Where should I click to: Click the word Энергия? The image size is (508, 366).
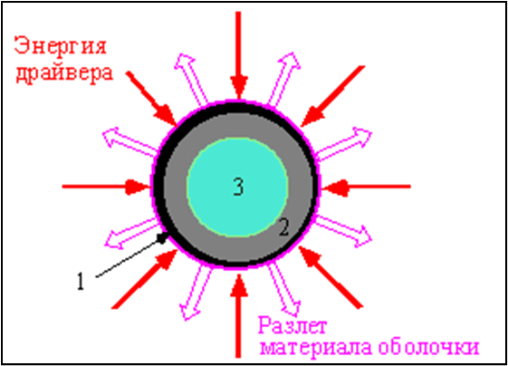pyautogui.click(x=61, y=47)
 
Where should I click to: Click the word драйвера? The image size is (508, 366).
pyautogui.click(x=65, y=73)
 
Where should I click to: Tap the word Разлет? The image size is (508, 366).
pyautogui.click(x=292, y=326)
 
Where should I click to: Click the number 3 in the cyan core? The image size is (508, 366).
pyautogui.click(x=238, y=187)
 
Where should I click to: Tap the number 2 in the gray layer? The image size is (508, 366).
pyautogui.click(x=283, y=227)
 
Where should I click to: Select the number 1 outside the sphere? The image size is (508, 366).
pyautogui.click(x=81, y=281)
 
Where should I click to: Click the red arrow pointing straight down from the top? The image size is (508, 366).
pyautogui.click(x=239, y=54)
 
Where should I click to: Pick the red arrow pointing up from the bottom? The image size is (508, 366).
pyautogui.click(x=239, y=316)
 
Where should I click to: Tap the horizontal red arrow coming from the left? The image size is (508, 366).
pyautogui.click(x=106, y=187)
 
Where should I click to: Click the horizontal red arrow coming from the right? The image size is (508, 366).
pyautogui.click(x=366, y=187)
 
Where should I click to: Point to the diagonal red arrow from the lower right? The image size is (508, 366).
pyautogui.click(x=331, y=277)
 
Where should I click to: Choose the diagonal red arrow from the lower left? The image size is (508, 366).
pyautogui.click(x=145, y=279)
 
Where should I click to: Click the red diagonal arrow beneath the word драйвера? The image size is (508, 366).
pyautogui.click(x=151, y=99)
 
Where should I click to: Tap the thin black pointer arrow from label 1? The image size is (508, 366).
pyautogui.click(x=132, y=255)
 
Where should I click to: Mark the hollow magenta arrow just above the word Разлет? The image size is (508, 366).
pyautogui.click(x=284, y=289)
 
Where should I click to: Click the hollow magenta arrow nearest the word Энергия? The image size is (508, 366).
pyautogui.click(x=191, y=79)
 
